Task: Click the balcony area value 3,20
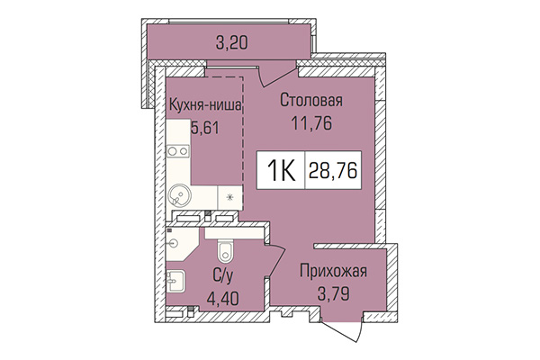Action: (231, 40)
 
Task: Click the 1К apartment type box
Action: (278, 170)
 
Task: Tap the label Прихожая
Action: (334, 270)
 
